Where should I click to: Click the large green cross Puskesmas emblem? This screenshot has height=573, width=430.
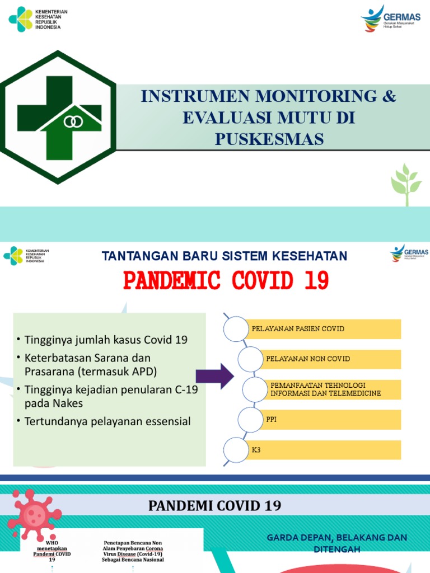click(x=58, y=118)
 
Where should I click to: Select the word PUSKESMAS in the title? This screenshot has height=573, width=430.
click(x=269, y=139)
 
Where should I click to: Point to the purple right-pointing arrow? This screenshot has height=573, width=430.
click(x=214, y=375)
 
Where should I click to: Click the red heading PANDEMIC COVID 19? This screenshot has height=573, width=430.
click(x=226, y=280)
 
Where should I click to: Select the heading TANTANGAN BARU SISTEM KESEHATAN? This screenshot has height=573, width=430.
click(x=225, y=256)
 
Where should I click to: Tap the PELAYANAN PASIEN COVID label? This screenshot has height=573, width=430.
click(x=298, y=329)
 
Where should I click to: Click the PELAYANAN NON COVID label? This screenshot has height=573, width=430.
click(x=308, y=359)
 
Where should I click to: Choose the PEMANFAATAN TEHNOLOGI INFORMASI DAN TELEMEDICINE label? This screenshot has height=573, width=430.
click(x=325, y=389)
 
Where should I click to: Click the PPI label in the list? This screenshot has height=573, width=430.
click(x=272, y=419)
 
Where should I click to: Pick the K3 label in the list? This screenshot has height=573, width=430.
click(x=256, y=449)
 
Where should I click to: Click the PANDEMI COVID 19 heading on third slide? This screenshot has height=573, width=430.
click(x=214, y=506)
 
